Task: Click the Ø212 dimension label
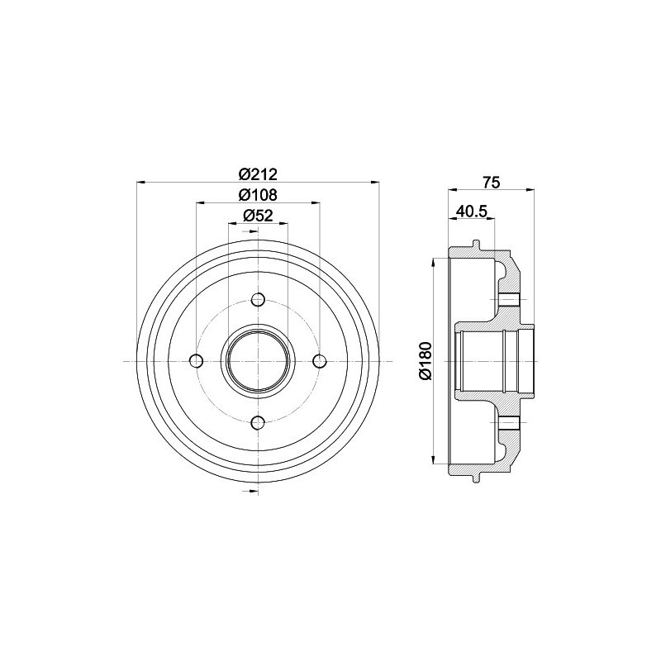258,174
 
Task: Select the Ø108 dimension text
258,195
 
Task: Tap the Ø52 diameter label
258,216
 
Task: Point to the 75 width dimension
492,183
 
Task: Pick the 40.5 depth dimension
472,211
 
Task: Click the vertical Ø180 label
426,361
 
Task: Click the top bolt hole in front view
258,300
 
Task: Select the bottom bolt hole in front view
258,422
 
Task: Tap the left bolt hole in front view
197,361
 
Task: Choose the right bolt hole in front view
319,361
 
